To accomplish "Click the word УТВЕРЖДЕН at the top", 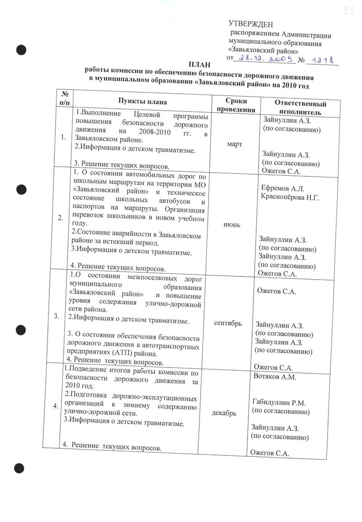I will tap(251, 24).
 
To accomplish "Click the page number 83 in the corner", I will tap(348, 10).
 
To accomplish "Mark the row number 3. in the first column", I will tap(57, 316).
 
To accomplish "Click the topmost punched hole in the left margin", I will tap(20, 49).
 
